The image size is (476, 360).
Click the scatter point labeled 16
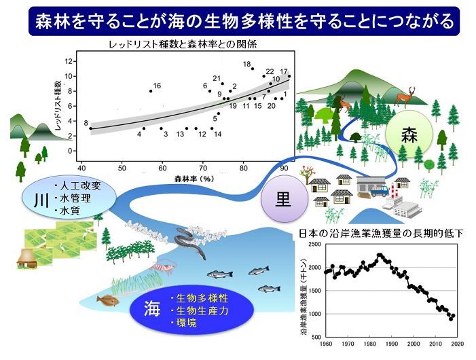coord(151,91)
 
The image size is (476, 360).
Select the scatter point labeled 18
coord(253,69)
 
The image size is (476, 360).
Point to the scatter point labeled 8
coord(91,128)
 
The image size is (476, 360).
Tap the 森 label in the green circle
coord(409,134)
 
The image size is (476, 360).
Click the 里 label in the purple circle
coord(283,199)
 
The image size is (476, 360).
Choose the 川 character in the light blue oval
coord(41,200)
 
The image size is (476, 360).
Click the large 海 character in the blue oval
coord(152,309)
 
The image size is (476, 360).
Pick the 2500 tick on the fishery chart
coord(315,245)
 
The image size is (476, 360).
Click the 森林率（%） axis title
coord(194,179)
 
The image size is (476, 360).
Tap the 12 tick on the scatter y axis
coord(69,61)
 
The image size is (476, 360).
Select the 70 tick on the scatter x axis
coord(203,168)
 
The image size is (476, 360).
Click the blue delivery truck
coord(380,191)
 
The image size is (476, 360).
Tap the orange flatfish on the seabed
coord(108,300)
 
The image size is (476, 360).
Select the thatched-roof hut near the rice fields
coord(26,259)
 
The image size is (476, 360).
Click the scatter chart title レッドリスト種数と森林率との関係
coord(183,45)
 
